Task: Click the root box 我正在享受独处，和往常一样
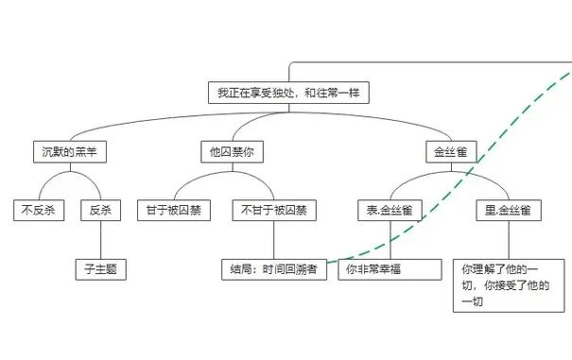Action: pos(288,93)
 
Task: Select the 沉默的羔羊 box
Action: pos(64,150)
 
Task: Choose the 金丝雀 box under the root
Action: pos(449,150)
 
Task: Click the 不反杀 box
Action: pos(38,210)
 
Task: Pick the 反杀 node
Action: pos(100,210)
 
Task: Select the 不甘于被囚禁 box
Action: pos(274,210)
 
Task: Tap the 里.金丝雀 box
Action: pos(508,210)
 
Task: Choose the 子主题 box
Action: pos(100,269)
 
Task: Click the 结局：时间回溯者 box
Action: pos(274,269)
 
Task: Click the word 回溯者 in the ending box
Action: pos(301,269)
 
